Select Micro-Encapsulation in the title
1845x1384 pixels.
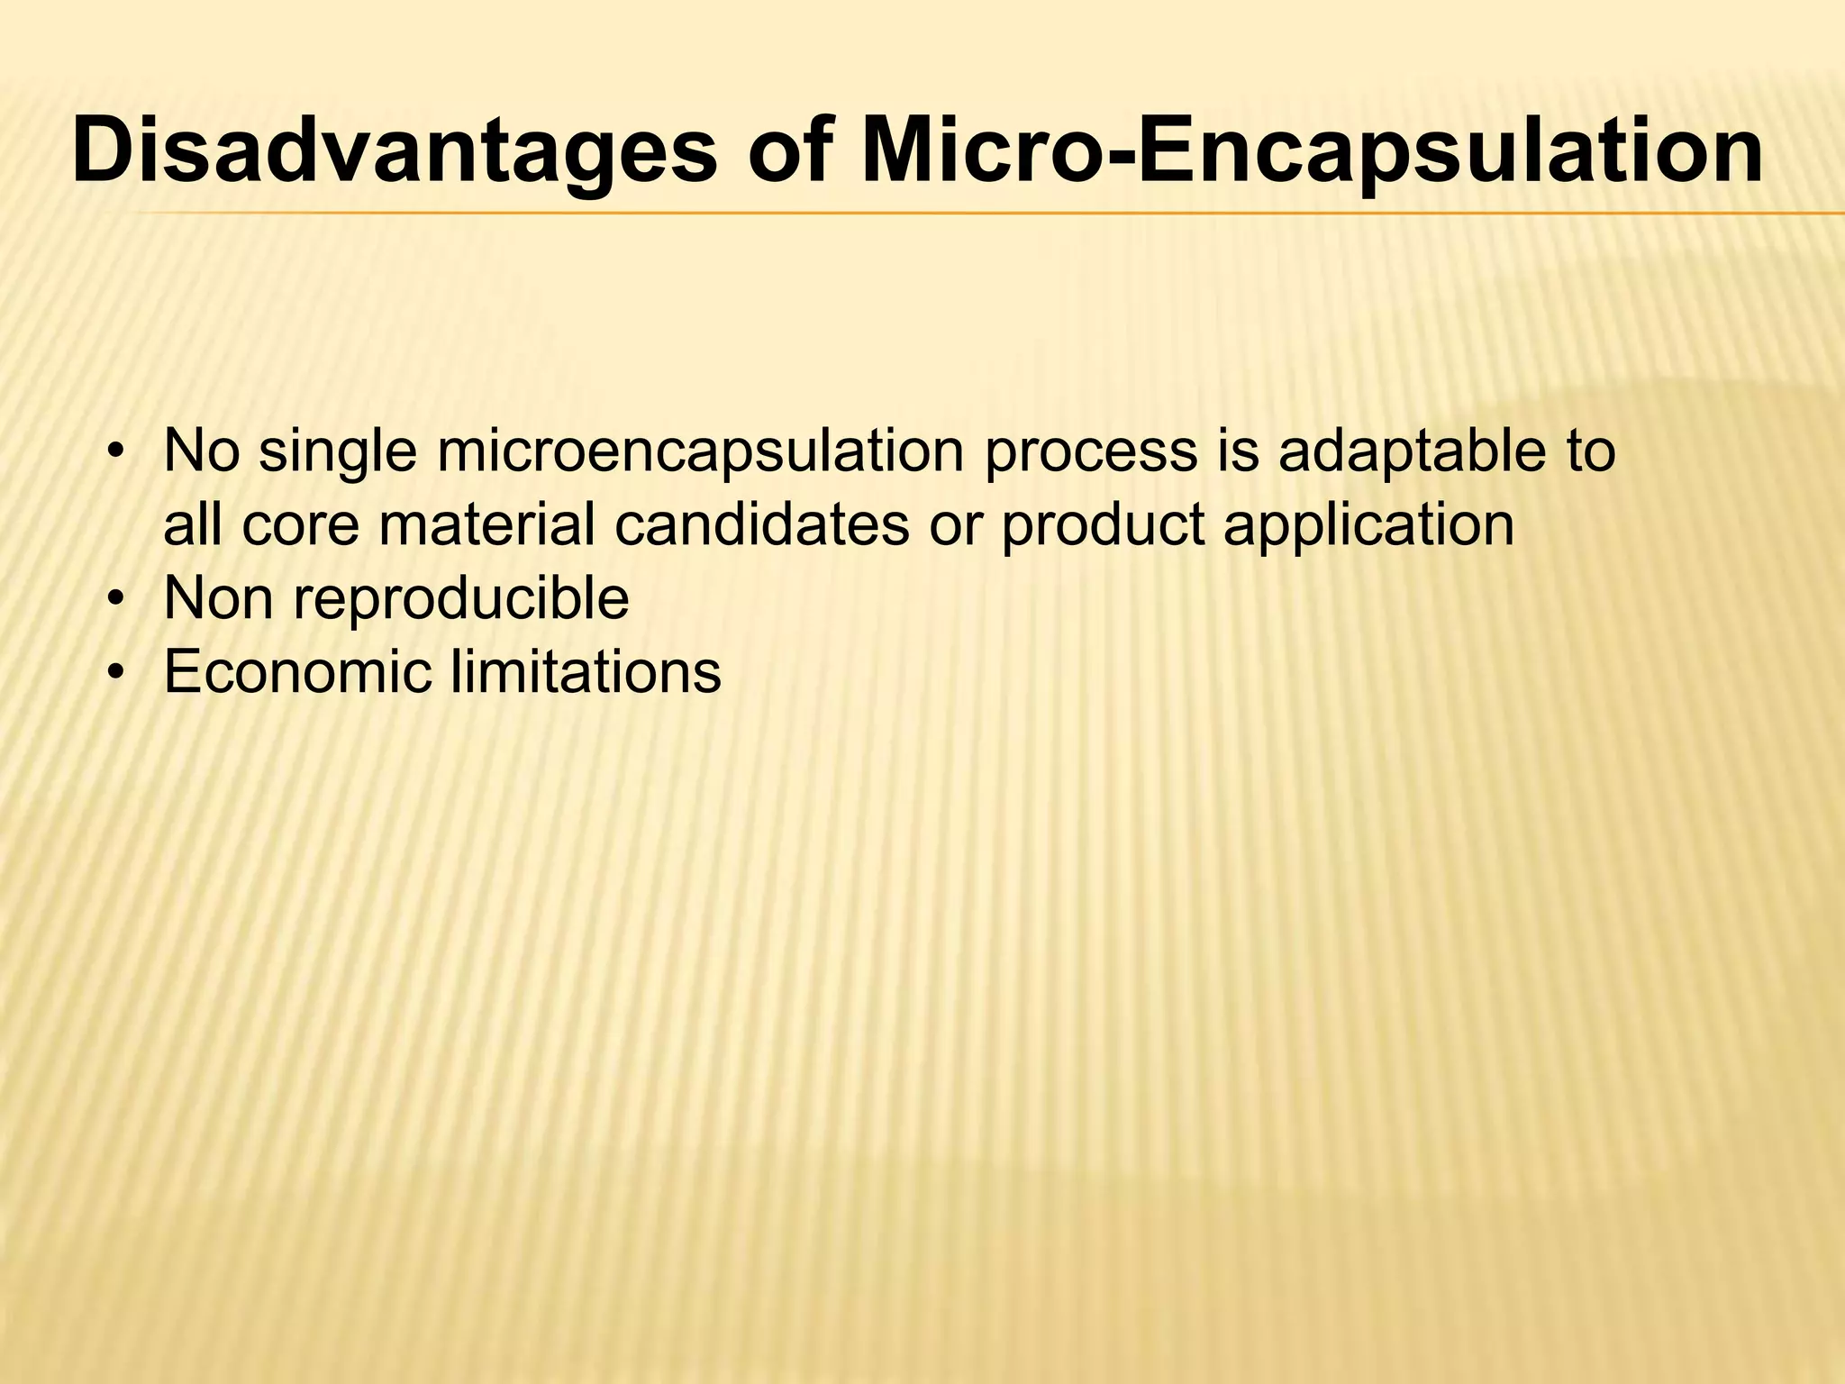click(1311, 151)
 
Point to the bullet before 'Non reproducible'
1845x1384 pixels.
click(114, 598)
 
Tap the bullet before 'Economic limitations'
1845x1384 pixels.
click(114, 671)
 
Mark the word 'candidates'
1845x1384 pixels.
click(762, 526)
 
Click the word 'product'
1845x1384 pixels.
click(1103, 526)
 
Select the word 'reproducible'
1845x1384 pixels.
click(460, 599)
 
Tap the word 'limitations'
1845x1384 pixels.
click(586, 671)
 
